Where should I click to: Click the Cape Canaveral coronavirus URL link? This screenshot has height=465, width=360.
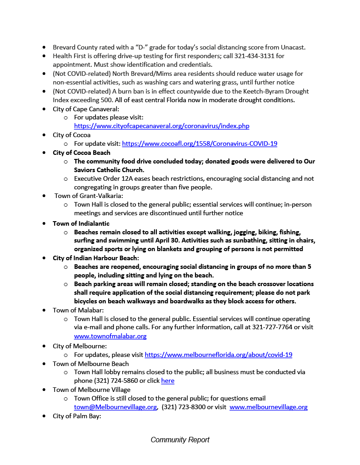[161, 126]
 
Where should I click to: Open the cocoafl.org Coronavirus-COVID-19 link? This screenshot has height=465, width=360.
[200, 143]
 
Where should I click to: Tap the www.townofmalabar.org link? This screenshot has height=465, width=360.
[110, 336]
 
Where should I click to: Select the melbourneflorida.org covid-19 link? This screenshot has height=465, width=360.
[218, 355]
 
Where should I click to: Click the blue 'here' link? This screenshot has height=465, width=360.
[168, 381]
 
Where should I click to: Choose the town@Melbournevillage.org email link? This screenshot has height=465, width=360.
[115, 407]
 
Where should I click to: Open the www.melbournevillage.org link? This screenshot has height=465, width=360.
[268, 407]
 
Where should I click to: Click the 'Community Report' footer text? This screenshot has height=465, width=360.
[180, 440]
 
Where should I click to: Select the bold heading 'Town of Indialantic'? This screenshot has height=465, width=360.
[81, 223]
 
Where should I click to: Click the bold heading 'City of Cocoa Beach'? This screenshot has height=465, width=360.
[81, 153]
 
